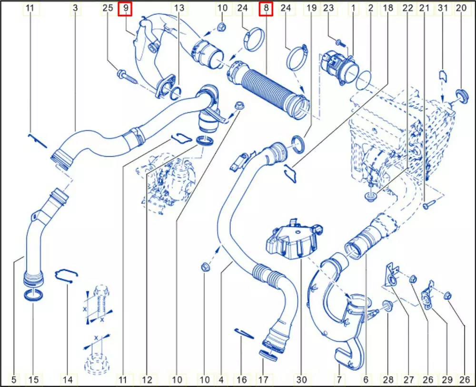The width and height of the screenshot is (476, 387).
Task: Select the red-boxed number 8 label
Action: tap(266, 9)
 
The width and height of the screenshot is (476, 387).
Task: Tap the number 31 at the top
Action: tap(443, 8)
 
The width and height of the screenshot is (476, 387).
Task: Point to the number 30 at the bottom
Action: tap(301, 379)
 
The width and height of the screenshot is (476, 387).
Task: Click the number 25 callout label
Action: tap(108, 8)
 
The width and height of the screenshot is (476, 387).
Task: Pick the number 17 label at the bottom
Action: tap(263, 379)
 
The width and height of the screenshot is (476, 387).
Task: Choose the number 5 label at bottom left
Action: tap(14, 379)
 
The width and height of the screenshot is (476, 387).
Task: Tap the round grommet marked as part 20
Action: tap(462, 96)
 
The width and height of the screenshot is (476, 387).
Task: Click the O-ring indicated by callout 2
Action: tap(363, 80)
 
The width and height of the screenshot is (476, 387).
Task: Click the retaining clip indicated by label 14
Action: tap(66, 274)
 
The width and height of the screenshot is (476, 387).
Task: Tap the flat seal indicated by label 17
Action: tap(268, 355)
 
